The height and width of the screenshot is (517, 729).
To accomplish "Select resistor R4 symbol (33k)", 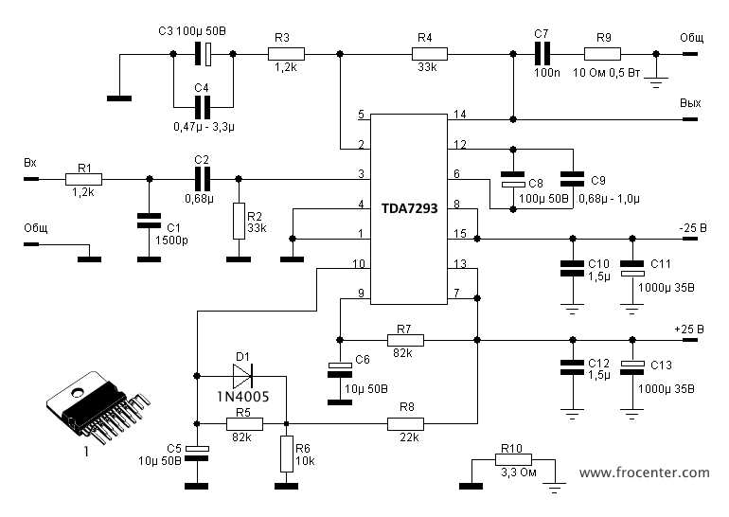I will point(424,54).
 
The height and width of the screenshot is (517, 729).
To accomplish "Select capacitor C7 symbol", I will point(541,54).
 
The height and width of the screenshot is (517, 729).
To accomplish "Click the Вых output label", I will point(688,102).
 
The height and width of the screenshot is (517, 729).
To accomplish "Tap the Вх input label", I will point(29,163).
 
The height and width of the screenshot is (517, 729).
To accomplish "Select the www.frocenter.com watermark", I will point(644,472).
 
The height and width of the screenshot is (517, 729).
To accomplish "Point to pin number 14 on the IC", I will point(460,115).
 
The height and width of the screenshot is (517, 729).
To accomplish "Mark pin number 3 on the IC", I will point(361,173).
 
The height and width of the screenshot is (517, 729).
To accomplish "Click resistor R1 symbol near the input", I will point(83,178).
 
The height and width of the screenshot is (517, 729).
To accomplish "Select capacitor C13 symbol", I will point(631,365).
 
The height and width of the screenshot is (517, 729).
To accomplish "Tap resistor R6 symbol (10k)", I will point(285,455).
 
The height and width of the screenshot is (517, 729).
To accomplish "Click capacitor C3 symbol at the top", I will point(202,54).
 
